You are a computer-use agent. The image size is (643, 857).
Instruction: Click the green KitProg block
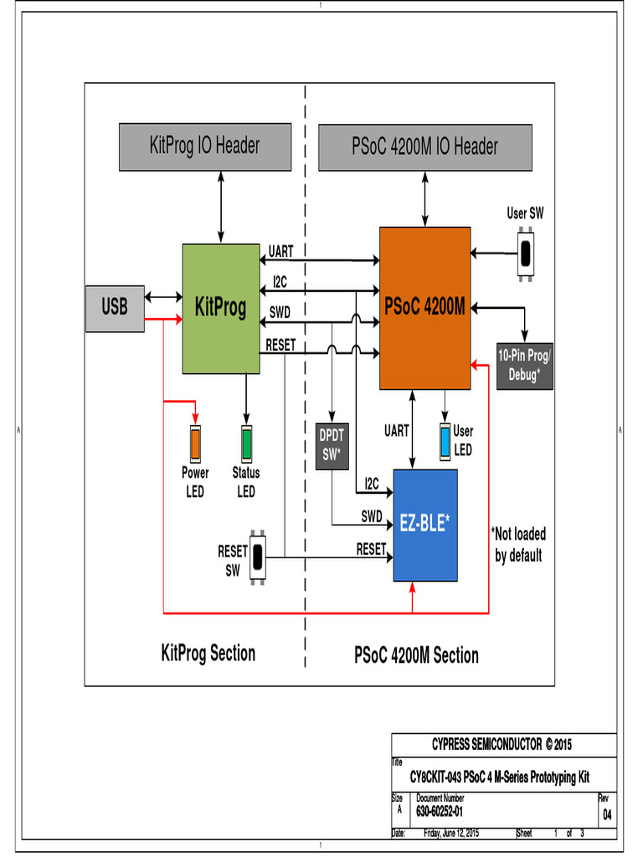click(x=221, y=308)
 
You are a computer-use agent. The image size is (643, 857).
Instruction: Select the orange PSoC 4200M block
click(x=424, y=308)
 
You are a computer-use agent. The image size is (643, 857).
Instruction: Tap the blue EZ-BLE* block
click(x=425, y=525)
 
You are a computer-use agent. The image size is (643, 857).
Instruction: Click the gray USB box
click(x=115, y=308)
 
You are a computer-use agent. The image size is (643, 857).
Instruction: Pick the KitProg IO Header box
click(x=204, y=146)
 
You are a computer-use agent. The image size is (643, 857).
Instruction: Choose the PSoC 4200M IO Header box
click(x=424, y=146)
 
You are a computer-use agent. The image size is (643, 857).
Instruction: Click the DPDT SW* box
click(x=332, y=445)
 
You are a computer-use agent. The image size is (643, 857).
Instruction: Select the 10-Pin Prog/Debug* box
click(x=524, y=366)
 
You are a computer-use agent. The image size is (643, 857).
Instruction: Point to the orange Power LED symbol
click(x=195, y=443)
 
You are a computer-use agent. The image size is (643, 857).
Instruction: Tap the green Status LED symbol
click(x=246, y=443)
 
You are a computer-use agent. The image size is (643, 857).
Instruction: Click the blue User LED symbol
click(x=445, y=441)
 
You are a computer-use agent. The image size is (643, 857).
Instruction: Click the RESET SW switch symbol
click(x=258, y=557)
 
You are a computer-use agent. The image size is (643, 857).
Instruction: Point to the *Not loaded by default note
click(x=518, y=544)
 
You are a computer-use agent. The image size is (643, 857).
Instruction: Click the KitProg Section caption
click(x=208, y=653)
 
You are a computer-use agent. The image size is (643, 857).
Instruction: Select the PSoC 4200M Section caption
click(x=416, y=655)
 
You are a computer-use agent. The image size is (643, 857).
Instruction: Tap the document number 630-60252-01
click(x=440, y=811)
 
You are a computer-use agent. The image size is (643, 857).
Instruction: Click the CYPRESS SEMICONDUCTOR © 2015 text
click(x=502, y=744)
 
